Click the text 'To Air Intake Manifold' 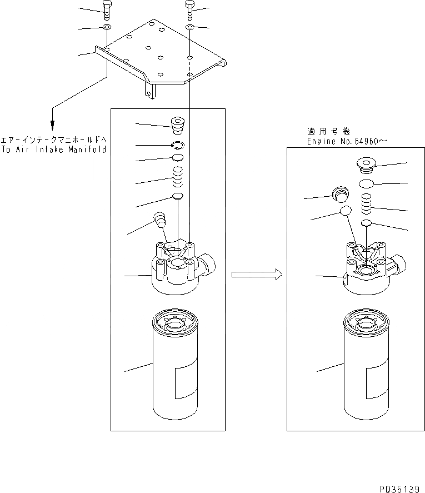53,150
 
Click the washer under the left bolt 107,27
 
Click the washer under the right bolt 189,27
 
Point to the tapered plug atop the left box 178,126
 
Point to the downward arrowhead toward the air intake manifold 53,125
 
